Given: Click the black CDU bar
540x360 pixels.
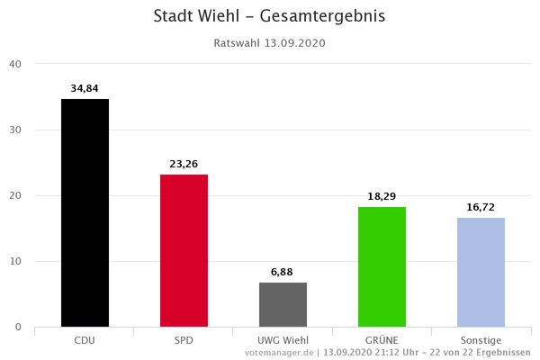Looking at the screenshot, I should [85, 212].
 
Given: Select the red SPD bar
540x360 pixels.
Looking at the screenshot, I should [184, 250].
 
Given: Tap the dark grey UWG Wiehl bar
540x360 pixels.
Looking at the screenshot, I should [283, 304].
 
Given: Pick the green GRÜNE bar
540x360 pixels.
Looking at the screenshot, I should [382, 266].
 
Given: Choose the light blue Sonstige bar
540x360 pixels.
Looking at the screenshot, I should [481, 272].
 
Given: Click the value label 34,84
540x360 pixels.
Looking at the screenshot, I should [85, 88].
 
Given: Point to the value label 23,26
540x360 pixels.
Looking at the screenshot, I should [184, 164].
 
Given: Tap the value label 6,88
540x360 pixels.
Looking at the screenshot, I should [283, 272].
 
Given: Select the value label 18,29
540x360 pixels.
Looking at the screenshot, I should [382, 196].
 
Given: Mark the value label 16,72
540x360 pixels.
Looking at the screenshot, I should [481, 207].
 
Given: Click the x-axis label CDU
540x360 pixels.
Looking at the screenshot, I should [85, 341].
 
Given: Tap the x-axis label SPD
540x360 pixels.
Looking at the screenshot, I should [184, 341].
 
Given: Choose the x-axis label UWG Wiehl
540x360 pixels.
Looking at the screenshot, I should [283, 341].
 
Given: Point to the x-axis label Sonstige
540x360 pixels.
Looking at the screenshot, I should [481, 341].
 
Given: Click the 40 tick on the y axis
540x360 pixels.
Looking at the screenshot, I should [15, 64].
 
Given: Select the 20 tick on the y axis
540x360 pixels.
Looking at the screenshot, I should [15, 195].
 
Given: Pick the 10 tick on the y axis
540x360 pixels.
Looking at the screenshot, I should [15, 261].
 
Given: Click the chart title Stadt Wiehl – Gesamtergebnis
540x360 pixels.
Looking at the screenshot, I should [270, 17].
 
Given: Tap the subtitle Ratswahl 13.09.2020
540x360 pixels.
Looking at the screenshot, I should [270, 43].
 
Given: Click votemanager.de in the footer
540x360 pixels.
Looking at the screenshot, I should [278, 353].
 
